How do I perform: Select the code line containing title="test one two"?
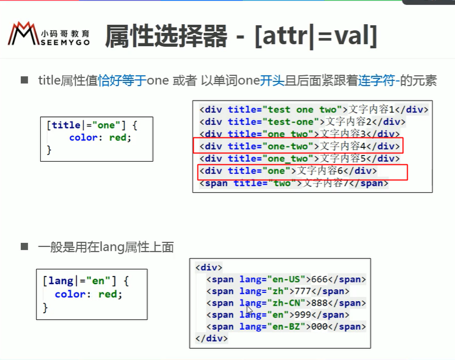click(x=313, y=109)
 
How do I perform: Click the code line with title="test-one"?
click(x=302, y=121)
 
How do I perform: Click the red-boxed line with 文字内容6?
click(x=288, y=171)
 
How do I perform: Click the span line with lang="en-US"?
click(x=286, y=279)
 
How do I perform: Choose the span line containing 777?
click(x=278, y=291)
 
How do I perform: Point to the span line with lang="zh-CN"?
click(x=286, y=303)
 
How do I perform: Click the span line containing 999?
click(x=278, y=315)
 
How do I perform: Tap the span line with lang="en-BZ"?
click(x=286, y=327)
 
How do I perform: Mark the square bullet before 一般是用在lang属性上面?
click(x=24, y=247)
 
